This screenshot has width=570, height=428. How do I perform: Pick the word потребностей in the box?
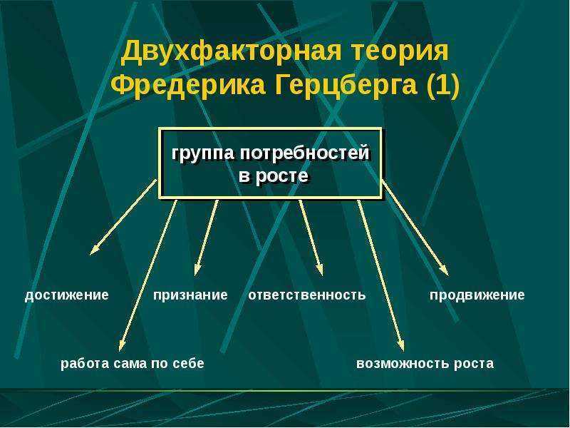(305, 152)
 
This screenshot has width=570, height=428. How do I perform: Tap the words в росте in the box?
(274, 176)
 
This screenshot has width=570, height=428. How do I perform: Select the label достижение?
(66, 295)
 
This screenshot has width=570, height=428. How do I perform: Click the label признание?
(190, 295)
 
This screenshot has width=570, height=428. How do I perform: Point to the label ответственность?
(307, 295)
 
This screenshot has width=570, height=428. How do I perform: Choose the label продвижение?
(477, 295)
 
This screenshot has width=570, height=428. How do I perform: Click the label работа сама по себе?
(133, 363)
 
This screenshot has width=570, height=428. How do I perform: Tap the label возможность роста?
(425, 363)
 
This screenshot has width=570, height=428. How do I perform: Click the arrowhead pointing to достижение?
(95, 250)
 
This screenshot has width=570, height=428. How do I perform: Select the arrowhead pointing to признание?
(197, 269)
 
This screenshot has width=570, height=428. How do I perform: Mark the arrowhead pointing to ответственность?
(319, 269)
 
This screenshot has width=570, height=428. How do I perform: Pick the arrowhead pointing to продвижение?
(444, 270)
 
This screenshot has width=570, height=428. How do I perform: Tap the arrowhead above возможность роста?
(400, 345)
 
